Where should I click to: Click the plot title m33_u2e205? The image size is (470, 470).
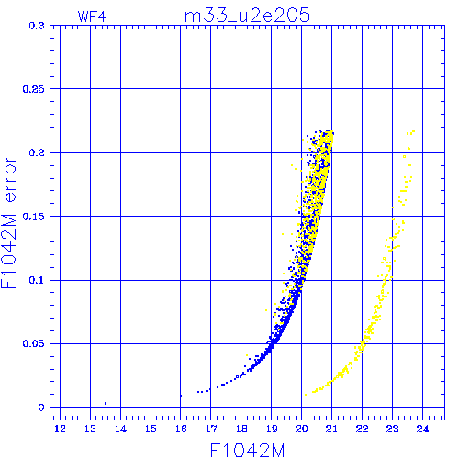point(247,16)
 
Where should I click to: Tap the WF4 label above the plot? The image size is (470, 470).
point(92,17)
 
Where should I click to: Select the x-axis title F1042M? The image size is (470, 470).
point(247,451)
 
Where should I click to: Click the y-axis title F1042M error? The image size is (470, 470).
point(8,221)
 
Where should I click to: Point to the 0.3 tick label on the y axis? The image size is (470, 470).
point(37,26)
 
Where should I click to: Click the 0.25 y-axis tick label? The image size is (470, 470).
point(34,89)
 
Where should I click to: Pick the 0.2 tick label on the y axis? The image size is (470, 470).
point(37,152)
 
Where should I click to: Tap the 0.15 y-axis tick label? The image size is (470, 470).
point(34,217)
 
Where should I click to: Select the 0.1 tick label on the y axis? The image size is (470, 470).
point(37,280)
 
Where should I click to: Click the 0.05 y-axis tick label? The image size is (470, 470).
point(34,343)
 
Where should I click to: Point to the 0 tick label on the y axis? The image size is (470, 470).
point(41,408)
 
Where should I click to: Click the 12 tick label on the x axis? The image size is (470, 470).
point(60,429)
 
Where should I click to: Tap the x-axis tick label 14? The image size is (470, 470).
point(120,429)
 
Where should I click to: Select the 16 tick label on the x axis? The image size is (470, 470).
point(181,429)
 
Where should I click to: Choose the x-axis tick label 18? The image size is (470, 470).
point(241,429)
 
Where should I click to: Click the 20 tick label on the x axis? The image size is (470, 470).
point(302,429)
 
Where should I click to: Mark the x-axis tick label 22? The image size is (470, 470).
point(363,429)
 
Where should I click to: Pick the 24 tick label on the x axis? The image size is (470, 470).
point(422,429)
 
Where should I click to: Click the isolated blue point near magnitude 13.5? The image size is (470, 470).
point(106,404)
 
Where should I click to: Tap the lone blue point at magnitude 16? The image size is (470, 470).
point(181,396)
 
